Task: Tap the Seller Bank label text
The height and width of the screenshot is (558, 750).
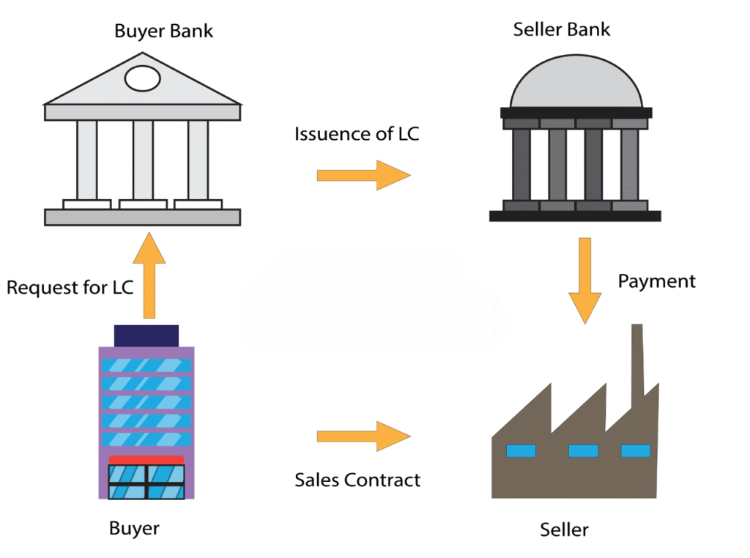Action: [562, 30]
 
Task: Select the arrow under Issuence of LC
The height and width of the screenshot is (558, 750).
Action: [363, 175]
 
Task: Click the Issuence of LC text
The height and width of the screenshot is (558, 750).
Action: [357, 135]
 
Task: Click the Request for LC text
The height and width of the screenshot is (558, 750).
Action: [70, 287]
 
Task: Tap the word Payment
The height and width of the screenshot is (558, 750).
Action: [656, 281]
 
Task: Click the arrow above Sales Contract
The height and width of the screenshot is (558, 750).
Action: [363, 436]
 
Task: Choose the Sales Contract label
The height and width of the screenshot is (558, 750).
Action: [357, 480]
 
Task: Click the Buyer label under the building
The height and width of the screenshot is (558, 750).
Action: [134, 528]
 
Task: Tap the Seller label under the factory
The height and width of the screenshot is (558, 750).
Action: [564, 529]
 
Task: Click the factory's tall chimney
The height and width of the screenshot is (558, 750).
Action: [637, 359]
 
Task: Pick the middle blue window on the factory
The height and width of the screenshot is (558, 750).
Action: [583, 450]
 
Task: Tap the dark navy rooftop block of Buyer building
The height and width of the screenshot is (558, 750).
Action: [146, 335]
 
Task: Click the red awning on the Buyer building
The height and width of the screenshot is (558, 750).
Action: [146, 460]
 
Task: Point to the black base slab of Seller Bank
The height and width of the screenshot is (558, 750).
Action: [575, 216]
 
